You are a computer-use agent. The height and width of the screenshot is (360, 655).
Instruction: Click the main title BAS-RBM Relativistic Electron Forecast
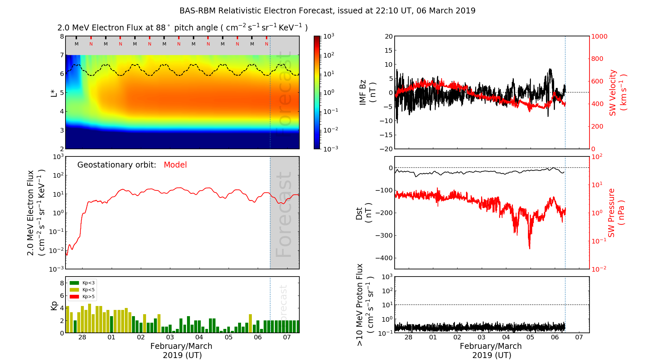pos(327,11)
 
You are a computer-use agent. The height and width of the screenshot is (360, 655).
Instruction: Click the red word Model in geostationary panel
pos(175,165)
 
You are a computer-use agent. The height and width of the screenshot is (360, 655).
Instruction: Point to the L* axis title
pos(54,93)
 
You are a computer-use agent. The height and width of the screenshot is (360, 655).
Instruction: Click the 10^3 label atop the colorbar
pos(328,36)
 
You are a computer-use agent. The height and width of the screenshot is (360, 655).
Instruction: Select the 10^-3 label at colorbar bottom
pos(330,149)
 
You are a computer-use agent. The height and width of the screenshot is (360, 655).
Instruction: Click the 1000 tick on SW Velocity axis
pos(599,37)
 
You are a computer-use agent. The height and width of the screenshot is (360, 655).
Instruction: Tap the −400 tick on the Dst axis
pos(384,258)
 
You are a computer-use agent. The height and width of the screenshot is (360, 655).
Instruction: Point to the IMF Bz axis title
pos(367,93)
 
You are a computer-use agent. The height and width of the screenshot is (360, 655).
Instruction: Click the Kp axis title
pos(54,305)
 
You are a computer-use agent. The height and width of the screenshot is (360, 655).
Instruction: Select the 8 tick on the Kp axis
pos(62,283)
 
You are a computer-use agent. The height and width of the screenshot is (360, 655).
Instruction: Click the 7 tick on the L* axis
pos(62,55)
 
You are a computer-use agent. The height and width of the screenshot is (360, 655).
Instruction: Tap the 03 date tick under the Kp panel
pos(170,337)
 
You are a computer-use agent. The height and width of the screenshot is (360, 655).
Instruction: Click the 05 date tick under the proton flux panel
pos(530,337)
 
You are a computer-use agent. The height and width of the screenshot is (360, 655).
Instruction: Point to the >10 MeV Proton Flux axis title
pos(365,305)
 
